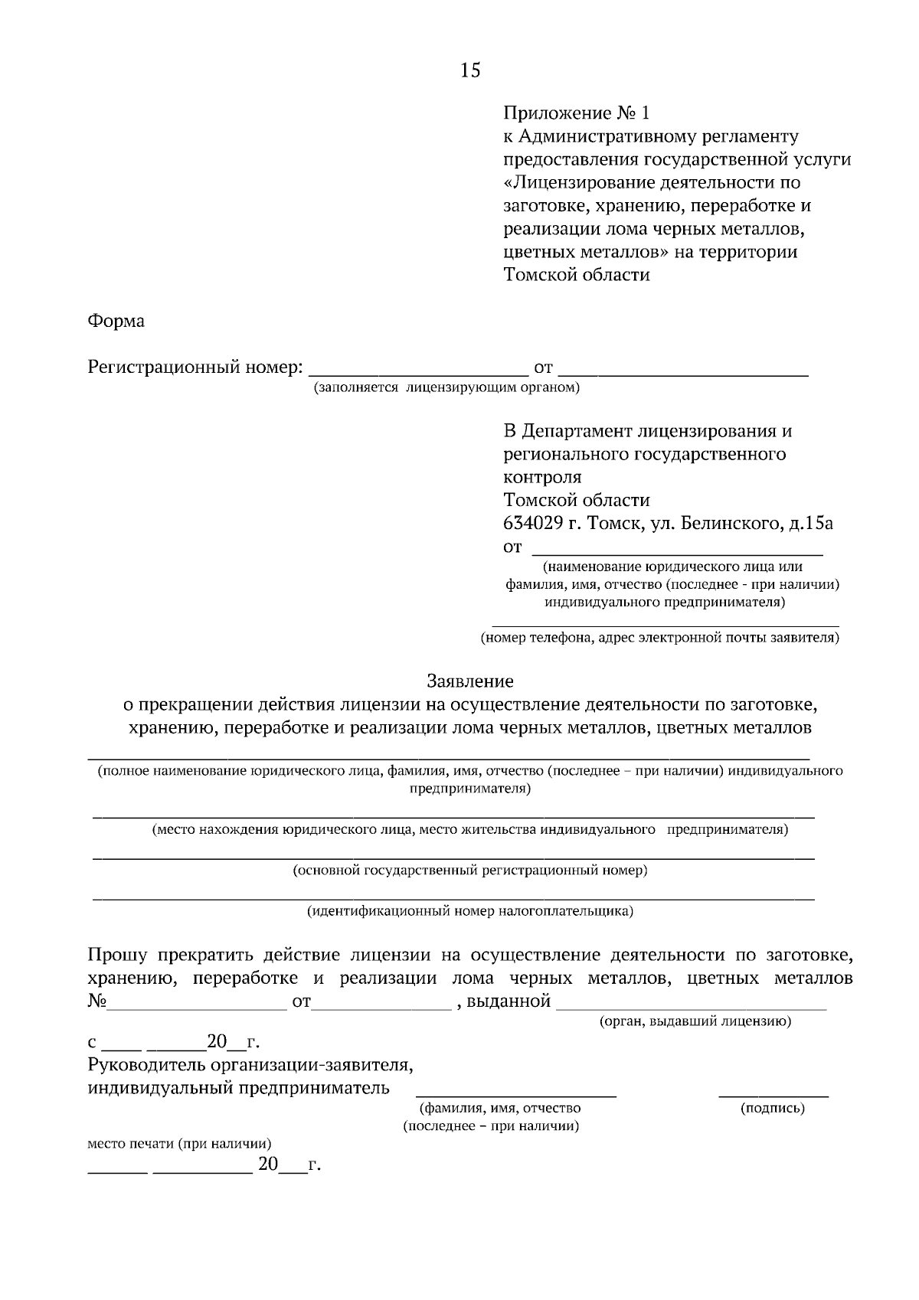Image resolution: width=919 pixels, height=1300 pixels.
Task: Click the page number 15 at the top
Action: [470, 70]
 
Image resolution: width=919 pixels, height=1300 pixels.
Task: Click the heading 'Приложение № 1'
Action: [576, 114]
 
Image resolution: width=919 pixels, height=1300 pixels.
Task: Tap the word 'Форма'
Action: [116, 321]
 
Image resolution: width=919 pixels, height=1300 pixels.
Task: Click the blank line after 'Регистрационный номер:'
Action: [417, 372]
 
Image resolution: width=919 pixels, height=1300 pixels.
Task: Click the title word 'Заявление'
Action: [469, 681]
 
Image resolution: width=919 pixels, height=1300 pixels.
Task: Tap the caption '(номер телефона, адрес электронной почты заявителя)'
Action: [659, 638]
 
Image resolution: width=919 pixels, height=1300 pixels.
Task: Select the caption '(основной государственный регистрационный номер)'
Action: [470, 870]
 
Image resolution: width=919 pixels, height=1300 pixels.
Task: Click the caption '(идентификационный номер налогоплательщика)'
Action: [470, 911]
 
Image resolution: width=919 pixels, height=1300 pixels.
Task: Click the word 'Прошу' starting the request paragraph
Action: [116, 955]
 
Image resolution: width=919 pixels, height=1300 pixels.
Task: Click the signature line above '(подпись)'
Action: [773, 1095]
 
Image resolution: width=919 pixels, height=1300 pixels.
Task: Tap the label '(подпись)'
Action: [772, 1108]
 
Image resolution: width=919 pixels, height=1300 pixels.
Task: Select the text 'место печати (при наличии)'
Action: [179, 1144]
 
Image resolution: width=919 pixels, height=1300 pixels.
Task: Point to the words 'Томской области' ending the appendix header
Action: [576, 275]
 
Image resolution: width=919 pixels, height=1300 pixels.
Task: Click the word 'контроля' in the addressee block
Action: [542, 477]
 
